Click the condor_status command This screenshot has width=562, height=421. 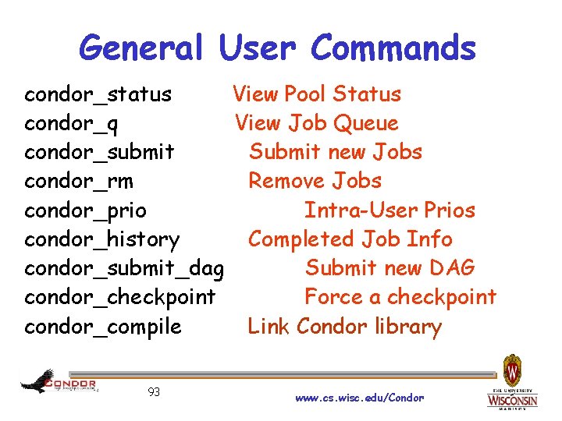[x=98, y=95]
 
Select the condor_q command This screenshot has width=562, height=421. [x=72, y=124]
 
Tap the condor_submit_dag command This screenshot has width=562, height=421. [x=124, y=269]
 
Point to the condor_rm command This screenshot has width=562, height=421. [x=79, y=182]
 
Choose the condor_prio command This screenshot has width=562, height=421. [x=85, y=210]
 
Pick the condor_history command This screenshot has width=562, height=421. [x=101, y=239]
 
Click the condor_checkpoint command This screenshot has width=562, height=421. [x=119, y=297]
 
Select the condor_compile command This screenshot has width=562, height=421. [x=102, y=326]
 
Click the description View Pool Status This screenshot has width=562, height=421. [x=316, y=94]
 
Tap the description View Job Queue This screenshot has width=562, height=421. [x=316, y=123]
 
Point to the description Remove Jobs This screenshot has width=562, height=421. [x=315, y=181]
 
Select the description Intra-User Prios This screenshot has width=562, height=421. [x=389, y=210]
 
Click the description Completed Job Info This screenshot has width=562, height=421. [x=350, y=239]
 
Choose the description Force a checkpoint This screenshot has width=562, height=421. [x=400, y=297]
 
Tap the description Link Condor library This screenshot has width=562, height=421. [x=344, y=326]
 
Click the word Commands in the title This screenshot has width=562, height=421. [x=393, y=48]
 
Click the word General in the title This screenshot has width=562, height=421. [x=141, y=48]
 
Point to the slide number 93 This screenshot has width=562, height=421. [x=154, y=392]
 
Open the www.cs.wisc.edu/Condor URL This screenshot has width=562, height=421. [x=359, y=398]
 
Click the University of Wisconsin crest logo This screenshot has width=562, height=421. [x=512, y=370]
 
